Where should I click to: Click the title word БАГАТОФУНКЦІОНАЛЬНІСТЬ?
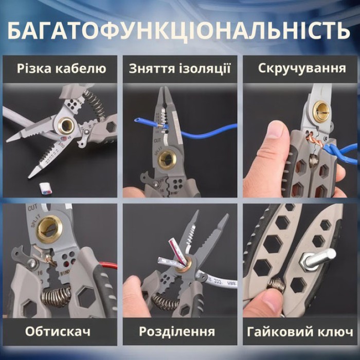(179, 30)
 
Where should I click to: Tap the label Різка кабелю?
(61, 68)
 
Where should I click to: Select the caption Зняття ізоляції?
(180, 68)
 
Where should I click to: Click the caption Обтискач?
(58, 330)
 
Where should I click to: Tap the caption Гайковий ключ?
(301, 330)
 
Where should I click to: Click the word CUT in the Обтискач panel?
(32, 208)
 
